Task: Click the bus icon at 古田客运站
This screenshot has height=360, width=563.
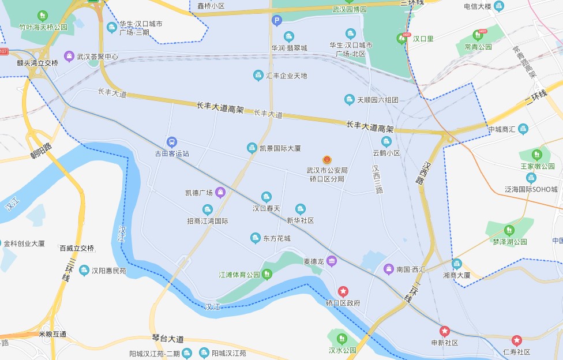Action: point(171,142)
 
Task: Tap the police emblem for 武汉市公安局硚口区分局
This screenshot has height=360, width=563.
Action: point(326,159)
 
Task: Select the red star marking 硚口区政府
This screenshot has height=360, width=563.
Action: point(343,291)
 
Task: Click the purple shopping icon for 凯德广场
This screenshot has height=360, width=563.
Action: point(220,192)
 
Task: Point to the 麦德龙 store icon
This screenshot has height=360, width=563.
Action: point(331,261)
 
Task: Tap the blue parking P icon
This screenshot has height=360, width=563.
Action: point(277,21)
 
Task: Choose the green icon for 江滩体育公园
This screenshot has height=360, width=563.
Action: point(267,275)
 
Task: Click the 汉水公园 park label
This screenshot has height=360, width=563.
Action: point(343,350)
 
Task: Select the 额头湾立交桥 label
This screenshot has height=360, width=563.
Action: point(37,63)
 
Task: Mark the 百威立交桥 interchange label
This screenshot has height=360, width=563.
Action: point(76,248)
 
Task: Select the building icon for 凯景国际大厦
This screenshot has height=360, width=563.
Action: point(252,148)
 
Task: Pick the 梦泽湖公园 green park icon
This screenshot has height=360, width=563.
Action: point(508,230)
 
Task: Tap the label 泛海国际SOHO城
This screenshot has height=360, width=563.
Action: point(531,189)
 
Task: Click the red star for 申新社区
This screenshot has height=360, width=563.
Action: point(444,331)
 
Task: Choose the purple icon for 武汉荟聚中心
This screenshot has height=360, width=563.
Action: point(69,57)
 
